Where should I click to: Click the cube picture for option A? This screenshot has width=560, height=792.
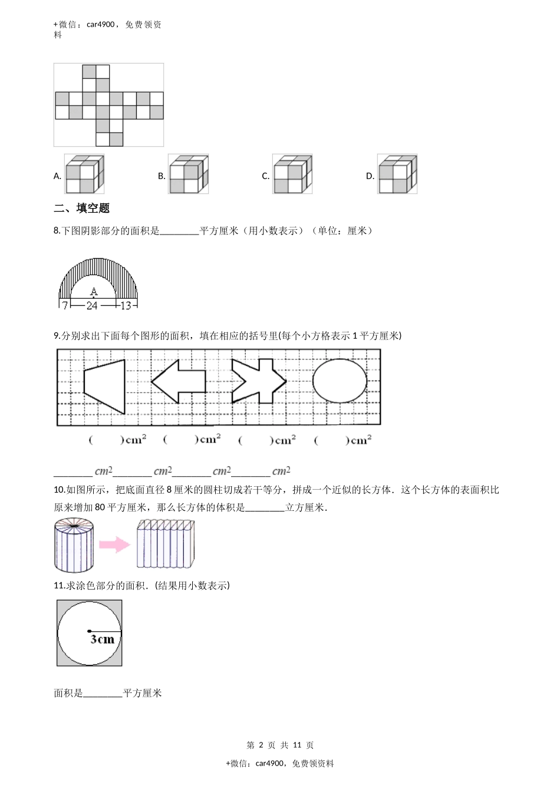click(x=84, y=174)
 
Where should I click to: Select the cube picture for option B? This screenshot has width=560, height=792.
click(x=188, y=174)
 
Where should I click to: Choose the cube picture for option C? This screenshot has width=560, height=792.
click(x=292, y=174)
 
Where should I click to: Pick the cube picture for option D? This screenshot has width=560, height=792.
click(x=397, y=174)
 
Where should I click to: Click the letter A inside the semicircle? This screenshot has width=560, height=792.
click(x=93, y=291)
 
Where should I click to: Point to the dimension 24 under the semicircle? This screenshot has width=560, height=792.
click(x=92, y=305)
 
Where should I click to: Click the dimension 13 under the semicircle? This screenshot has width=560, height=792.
click(x=126, y=305)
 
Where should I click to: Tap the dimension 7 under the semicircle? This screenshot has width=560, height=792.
click(x=64, y=305)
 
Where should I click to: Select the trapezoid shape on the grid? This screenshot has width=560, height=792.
click(x=105, y=386)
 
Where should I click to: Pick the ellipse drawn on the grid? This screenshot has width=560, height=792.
click(x=339, y=380)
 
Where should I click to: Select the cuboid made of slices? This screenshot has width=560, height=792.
click(x=165, y=544)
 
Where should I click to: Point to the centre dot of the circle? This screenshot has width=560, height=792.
click(x=90, y=632)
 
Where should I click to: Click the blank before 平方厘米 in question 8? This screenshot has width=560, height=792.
click(x=179, y=232)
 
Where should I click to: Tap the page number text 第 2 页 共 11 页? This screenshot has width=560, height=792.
click(x=280, y=745)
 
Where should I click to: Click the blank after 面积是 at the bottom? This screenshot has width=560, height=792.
click(x=103, y=694)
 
